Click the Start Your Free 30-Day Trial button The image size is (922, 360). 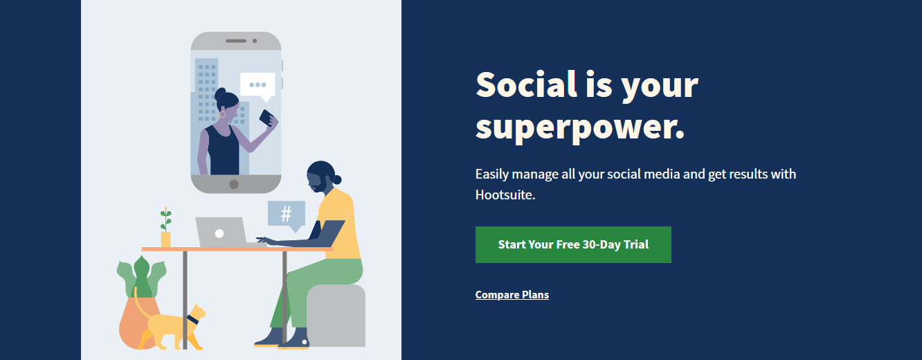click(573, 244)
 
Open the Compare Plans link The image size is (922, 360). click(512, 295)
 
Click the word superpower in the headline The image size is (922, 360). click(580, 127)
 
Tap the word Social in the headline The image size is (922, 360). click(527, 84)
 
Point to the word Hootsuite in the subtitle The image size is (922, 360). click(505, 195)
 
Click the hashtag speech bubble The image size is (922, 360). click(287, 215)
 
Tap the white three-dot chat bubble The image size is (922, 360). click(257, 87)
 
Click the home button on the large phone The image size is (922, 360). click(234, 184)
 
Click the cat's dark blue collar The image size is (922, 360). click(192, 320)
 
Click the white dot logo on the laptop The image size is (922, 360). click(219, 233)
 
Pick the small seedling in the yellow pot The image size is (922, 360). click(166, 220)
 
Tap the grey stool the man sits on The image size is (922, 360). click(336, 316)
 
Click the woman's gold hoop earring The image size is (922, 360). click(222, 114)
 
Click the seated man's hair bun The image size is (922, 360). click(337, 179)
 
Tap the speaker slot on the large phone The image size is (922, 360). click(236, 41)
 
